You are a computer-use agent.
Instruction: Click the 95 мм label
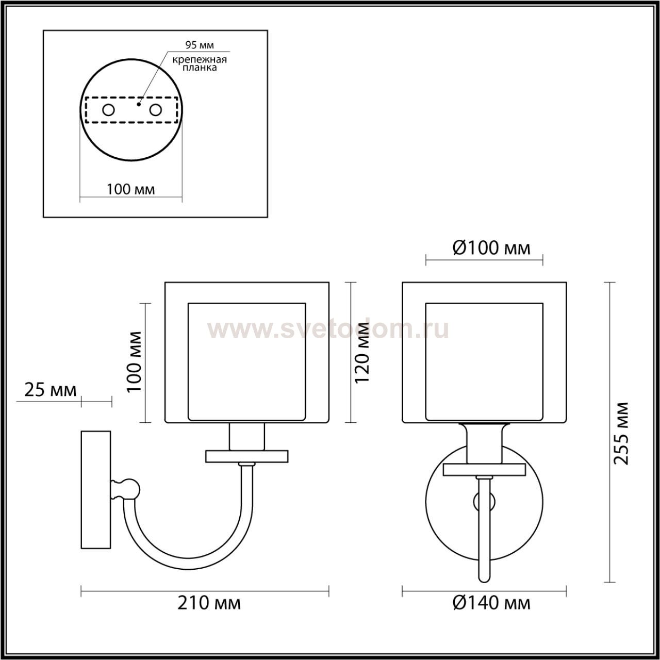tap(200, 45)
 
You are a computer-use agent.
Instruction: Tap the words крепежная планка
tap(200, 64)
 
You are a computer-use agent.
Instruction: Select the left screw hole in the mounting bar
tap(109, 110)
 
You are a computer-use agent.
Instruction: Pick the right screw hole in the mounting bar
tap(156, 110)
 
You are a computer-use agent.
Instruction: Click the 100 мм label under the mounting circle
tap(130, 189)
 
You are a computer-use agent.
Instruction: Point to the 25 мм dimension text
tap(51, 390)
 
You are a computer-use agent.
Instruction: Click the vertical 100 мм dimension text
tap(134, 361)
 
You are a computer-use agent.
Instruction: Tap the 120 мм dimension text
tap(362, 354)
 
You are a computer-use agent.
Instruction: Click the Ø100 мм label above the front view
tap(491, 249)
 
